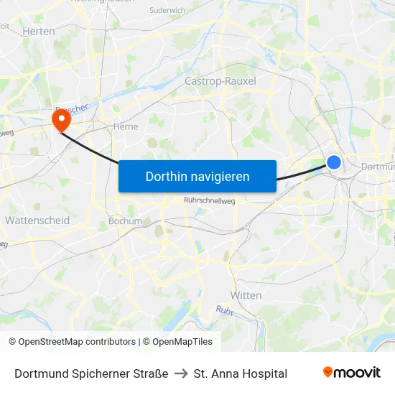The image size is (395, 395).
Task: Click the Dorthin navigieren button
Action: point(197,176)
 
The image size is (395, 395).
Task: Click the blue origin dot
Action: point(334,162)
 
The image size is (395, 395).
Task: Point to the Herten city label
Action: point(39,32)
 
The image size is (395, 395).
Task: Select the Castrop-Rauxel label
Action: point(220,81)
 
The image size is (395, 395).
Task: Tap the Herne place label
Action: point(126,126)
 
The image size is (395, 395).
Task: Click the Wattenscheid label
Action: point(37,220)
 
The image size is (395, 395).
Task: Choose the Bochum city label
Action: point(125,221)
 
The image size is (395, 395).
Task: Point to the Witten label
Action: point(246,295)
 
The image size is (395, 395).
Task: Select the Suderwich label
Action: point(167,10)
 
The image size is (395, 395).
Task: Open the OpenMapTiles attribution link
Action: point(182,342)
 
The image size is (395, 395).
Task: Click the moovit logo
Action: point(352,372)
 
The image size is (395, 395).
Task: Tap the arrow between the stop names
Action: point(181,373)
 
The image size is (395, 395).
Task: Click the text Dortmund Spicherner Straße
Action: point(91,373)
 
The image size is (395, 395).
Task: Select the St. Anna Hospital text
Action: point(241,373)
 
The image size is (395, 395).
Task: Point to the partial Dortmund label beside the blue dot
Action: point(378,166)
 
